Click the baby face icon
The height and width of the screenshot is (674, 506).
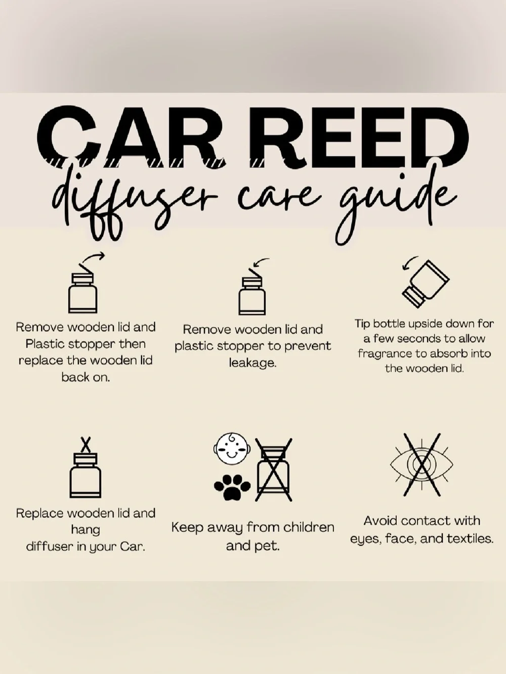coord(232,448)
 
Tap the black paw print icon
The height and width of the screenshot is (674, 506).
coord(232,487)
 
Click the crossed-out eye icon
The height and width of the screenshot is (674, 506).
coord(421,465)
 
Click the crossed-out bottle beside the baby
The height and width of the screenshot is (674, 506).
coord(273,470)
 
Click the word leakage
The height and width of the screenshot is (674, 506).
coord(252,363)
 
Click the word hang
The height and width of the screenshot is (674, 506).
coord(86,530)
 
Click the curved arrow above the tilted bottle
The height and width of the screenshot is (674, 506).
coord(409,262)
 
